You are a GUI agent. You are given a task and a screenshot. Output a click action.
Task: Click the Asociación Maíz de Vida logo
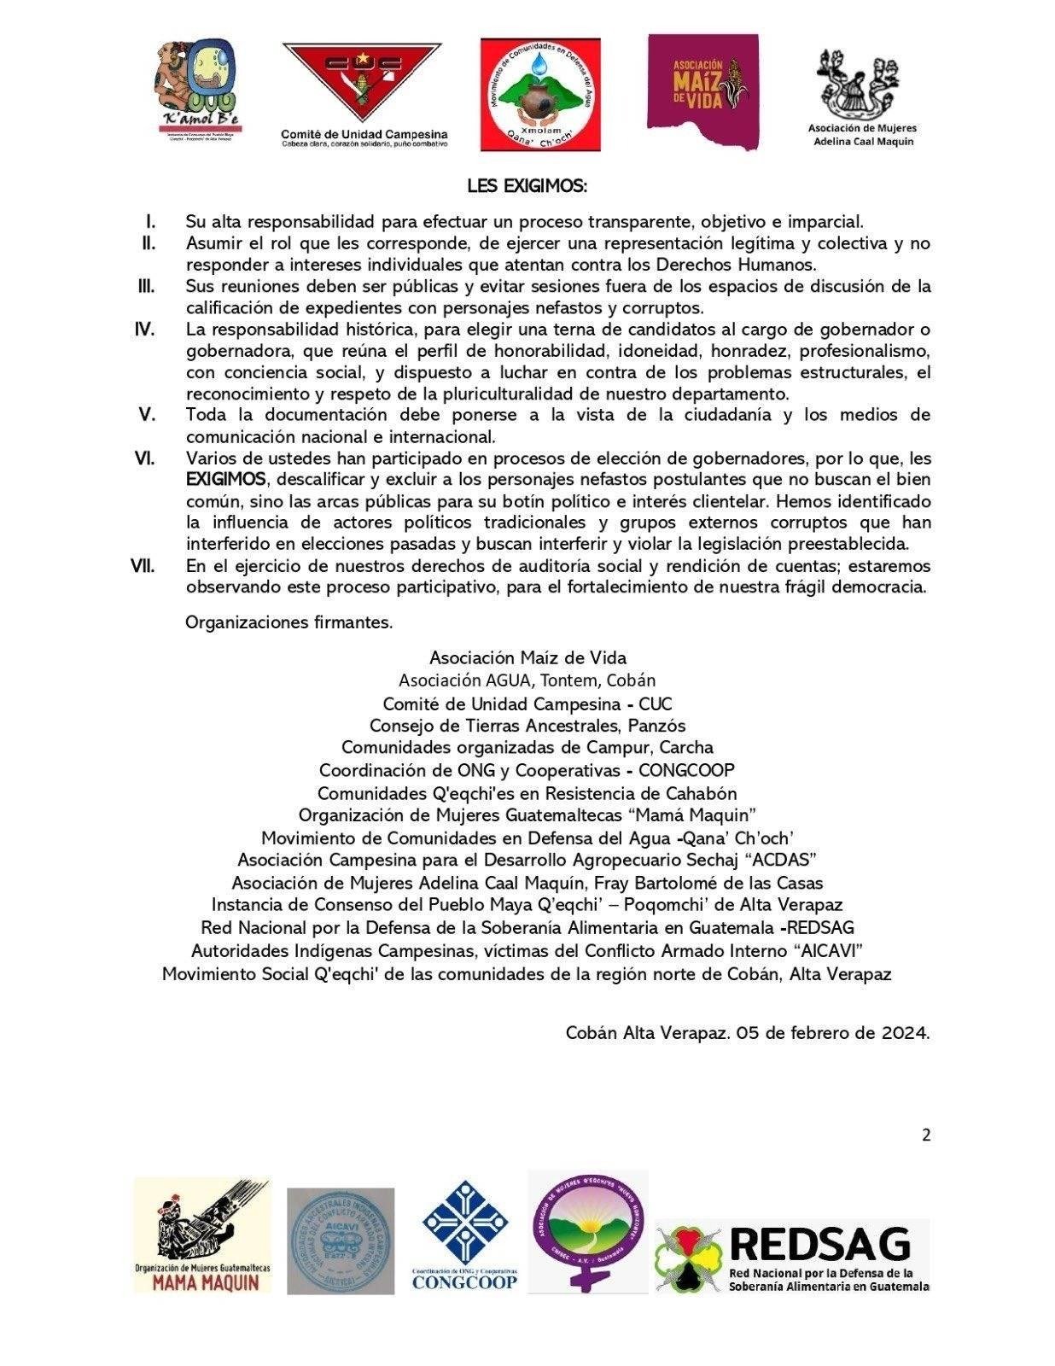pos(702,90)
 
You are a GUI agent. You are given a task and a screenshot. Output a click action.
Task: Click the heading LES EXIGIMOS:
pos(527,185)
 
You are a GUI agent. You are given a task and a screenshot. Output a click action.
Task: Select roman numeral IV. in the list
pos(145,330)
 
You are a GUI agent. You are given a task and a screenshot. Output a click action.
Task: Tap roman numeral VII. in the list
pos(143,566)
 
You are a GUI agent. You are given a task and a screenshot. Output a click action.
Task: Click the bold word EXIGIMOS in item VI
pos(225,479)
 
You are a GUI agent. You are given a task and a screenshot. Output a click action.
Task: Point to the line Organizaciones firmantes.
pos(289,622)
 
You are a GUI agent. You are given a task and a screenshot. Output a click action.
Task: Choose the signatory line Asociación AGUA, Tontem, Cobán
pos(527,680)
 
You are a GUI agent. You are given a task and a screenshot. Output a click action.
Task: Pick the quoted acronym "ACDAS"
pos(784,859)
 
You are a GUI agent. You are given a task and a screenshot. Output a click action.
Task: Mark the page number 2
pos(926,1135)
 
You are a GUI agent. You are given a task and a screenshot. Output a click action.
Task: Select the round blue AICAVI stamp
pos(341,1240)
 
